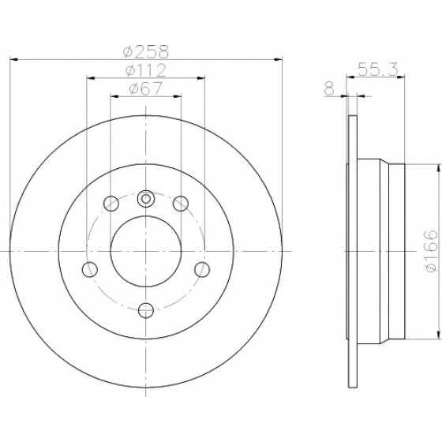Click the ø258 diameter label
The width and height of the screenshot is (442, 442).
146,51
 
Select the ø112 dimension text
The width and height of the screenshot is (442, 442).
146,70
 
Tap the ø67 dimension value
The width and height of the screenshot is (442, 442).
146,88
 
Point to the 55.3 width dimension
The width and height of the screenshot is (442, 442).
378,69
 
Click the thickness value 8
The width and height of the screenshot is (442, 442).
329,88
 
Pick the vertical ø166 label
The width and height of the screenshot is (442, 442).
431,251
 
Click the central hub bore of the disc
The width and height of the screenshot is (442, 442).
146,251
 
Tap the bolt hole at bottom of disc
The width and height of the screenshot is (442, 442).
146,310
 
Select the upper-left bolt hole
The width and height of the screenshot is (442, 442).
111,204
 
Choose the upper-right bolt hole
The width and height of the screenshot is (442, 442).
181,204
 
